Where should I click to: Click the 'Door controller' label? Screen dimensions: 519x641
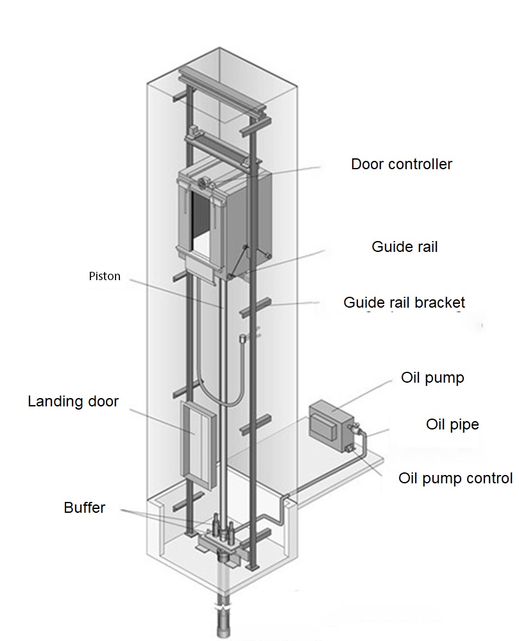point(401,164)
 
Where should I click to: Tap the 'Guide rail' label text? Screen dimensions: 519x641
point(404,247)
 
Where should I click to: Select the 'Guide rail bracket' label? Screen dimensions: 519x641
point(404,303)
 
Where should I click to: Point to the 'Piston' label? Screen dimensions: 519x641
point(105,276)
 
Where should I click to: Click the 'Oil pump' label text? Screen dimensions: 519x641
point(432,378)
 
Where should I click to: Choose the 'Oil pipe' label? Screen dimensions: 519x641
point(452,424)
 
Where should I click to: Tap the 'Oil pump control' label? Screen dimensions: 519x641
point(455,478)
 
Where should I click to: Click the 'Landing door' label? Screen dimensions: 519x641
point(73,401)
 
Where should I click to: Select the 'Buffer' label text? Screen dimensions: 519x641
point(84,508)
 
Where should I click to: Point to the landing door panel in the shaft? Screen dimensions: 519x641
point(198,445)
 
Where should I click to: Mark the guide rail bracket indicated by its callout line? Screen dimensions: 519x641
point(255,306)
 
